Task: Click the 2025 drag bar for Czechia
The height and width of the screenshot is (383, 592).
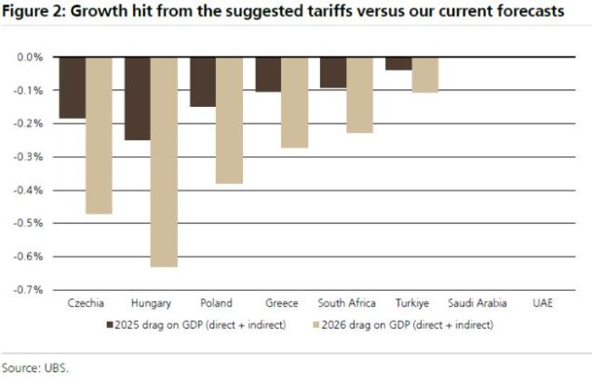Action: tap(73, 87)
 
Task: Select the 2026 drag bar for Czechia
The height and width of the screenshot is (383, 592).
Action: tap(99, 135)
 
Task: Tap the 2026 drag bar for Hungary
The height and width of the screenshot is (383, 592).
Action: tap(164, 162)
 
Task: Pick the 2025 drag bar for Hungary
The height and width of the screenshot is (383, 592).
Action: tap(138, 99)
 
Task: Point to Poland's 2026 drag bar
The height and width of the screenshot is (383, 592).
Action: tap(229, 120)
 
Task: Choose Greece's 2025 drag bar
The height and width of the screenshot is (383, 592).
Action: tap(268, 74)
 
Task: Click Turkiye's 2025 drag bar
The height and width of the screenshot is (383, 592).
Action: tap(398, 63)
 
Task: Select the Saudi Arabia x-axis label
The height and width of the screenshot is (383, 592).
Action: tap(478, 303)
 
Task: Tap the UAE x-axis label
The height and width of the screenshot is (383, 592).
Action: tap(543, 303)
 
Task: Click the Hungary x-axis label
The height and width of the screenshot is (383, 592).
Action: tap(151, 303)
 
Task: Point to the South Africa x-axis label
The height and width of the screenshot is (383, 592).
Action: tap(346, 303)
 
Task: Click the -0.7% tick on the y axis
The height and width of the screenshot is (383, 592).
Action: tap(31, 289)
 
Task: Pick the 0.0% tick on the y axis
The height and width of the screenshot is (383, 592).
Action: tap(31, 58)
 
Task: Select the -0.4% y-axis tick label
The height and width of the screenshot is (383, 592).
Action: tap(31, 190)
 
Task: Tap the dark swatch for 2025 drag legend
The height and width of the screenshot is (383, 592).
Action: tap(111, 325)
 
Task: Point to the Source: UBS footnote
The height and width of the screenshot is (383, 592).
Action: tap(34, 368)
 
